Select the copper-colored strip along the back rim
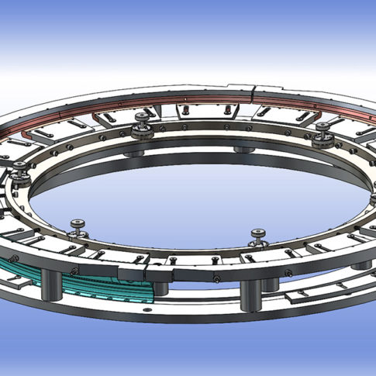194,99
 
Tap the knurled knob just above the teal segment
78,226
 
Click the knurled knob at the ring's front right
257,235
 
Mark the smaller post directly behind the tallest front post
271,282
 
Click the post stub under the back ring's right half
244,148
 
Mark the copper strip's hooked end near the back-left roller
98,118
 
